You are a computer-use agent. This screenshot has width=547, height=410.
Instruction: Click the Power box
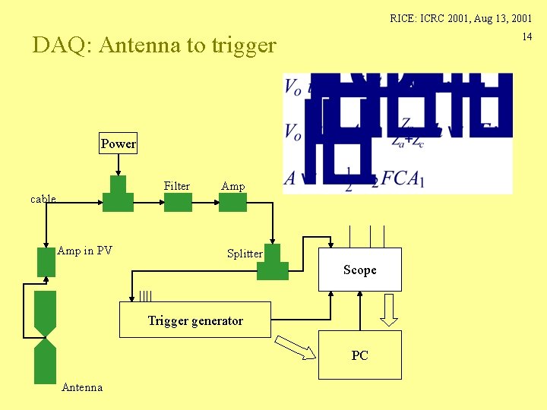[119, 143]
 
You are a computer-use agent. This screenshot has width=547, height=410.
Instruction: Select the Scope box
[359, 270]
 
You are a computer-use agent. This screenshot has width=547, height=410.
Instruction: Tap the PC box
[359, 355]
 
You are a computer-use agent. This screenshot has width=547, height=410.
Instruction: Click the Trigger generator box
[195, 320]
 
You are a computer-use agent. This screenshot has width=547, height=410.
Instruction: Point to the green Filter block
[178, 202]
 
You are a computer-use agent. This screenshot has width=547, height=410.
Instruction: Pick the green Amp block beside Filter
[232, 202]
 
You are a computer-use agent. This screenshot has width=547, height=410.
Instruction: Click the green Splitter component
[272, 263]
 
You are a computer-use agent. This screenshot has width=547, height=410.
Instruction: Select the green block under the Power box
[118, 197]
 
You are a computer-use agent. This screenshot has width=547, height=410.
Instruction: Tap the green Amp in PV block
[46, 262]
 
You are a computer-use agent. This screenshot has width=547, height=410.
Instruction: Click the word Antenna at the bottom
[82, 387]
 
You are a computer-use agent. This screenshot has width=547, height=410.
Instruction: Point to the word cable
[43, 199]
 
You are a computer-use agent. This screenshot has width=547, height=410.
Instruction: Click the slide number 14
[526, 37]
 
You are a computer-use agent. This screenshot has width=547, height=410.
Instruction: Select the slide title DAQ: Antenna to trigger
[154, 46]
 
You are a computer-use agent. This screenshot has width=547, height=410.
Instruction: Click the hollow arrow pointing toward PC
[294, 348]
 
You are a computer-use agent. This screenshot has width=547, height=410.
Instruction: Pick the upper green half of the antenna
[46, 311]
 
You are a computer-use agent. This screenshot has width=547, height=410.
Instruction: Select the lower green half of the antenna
[46, 362]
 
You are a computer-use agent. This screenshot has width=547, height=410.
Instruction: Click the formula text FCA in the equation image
[400, 178]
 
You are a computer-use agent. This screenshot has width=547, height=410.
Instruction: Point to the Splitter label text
[245, 254]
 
